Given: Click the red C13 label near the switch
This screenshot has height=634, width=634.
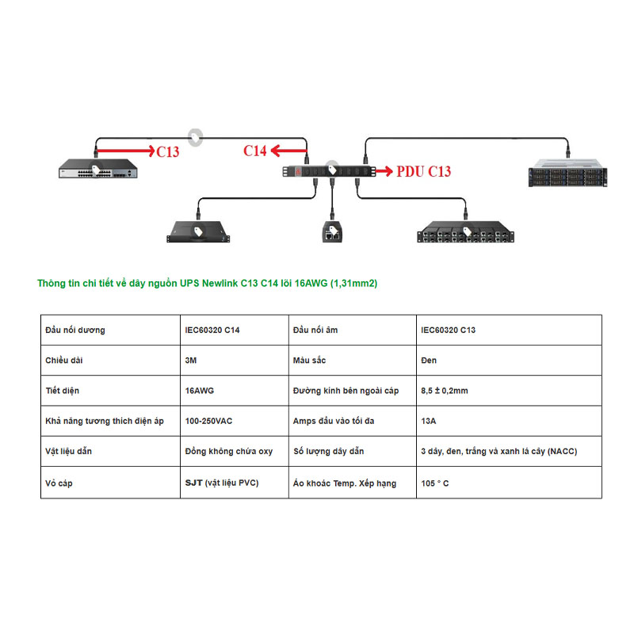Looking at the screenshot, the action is pyautogui.click(x=167, y=152).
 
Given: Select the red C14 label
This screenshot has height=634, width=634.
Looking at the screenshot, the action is pyautogui.click(x=255, y=151).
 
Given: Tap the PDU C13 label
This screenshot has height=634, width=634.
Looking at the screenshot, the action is pyautogui.click(x=423, y=170).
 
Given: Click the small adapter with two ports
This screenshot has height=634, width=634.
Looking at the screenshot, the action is pyautogui.click(x=332, y=232).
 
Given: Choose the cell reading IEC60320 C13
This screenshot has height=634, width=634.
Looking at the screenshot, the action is pyautogui.click(x=448, y=330).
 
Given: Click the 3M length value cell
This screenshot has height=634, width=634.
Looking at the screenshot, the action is pyautogui.click(x=190, y=361).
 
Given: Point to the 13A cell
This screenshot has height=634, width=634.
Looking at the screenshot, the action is pyautogui.click(x=429, y=421).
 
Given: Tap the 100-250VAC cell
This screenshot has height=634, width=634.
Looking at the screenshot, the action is pyautogui.click(x=209, y=421).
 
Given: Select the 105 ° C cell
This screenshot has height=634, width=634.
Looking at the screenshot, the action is pyautogui.click(x=435, y=483).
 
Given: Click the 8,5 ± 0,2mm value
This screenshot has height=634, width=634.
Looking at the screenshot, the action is pyautogui.click(x=445, y=391).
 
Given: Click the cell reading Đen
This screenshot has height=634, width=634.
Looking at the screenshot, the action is pyautogui.click(x=429, y=361).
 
